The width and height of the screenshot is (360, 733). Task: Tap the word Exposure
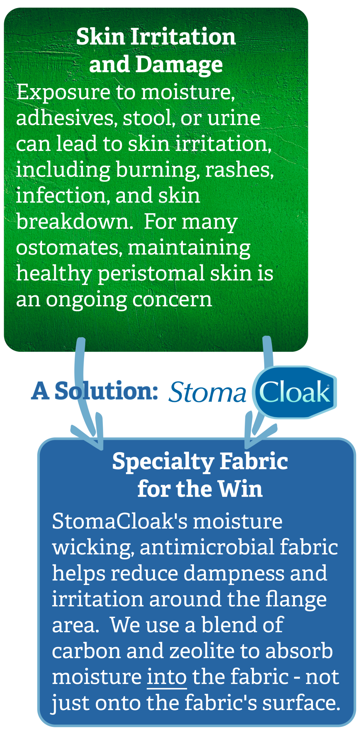coord(63,93)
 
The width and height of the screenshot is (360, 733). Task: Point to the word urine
coord(233,118)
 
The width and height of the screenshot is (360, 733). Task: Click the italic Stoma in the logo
coord(207,392)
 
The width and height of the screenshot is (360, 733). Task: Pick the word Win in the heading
coord(240,489)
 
